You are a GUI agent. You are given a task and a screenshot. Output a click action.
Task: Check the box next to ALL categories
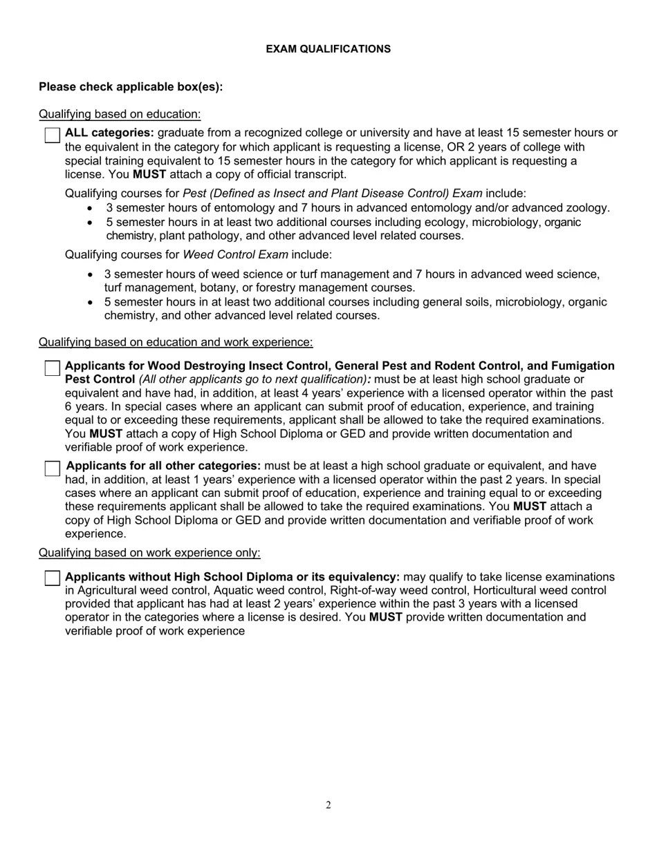point(53,135)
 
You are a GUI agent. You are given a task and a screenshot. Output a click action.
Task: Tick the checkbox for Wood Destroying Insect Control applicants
point(53,368)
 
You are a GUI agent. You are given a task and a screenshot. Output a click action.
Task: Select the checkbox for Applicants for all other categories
point(53,468)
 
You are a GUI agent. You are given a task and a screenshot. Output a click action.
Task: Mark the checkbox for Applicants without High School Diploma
point(53,578)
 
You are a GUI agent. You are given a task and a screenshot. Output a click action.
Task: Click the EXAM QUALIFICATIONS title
point(328,49)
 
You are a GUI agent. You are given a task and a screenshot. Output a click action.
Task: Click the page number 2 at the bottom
point(328,804)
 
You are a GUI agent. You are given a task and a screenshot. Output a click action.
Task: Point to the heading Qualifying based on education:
point(120,114)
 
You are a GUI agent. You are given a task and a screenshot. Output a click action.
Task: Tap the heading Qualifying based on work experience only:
point(149,553)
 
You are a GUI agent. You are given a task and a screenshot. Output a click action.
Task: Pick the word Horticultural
point(497,590)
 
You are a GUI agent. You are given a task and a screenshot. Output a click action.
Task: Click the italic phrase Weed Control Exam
point(235,254)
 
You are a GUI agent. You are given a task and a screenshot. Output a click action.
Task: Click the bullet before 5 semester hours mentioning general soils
point(91,303)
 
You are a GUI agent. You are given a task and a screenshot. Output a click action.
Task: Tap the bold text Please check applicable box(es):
point(131,87)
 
